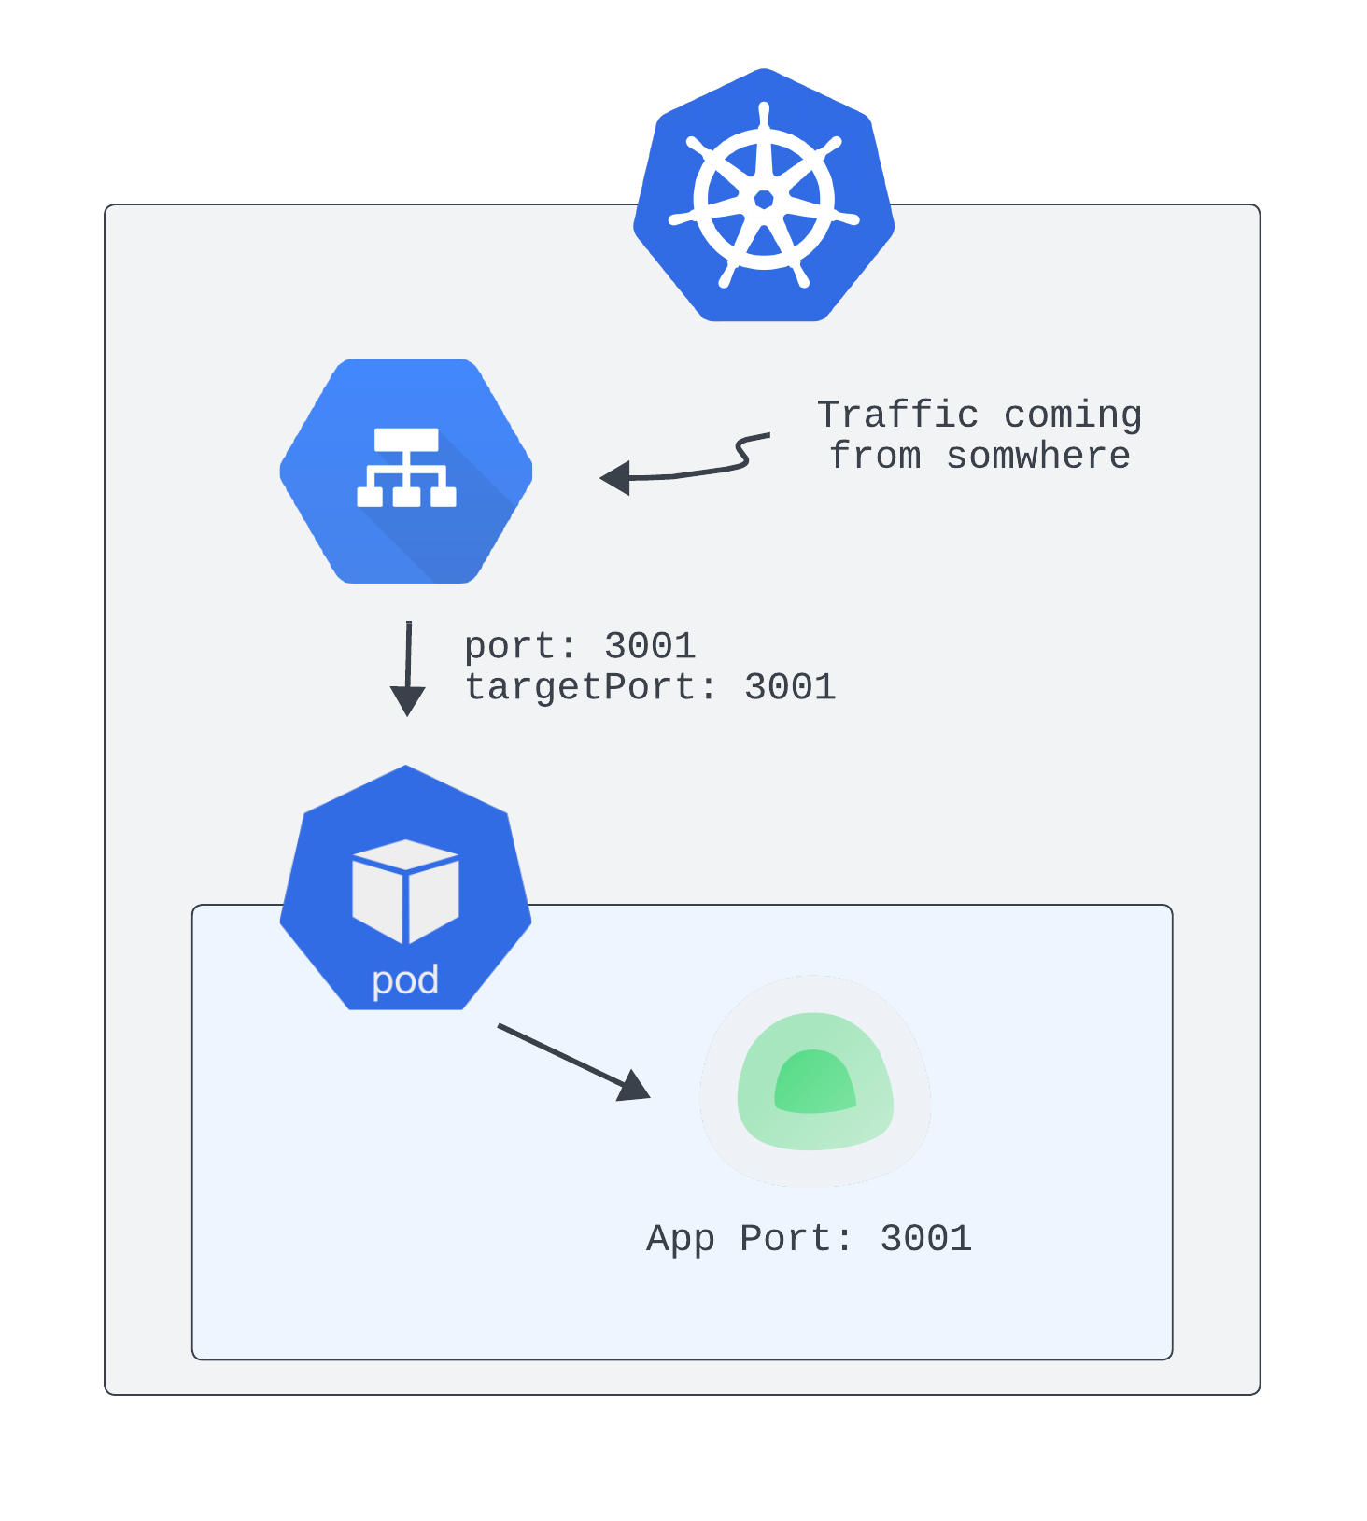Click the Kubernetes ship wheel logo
click(x=764, y=195)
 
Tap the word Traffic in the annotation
click(x=897, y=415)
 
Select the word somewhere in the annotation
click(x=1038, y=457)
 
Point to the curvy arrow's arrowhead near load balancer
click(x=616, y=478)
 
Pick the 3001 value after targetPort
click(x=790, y=687)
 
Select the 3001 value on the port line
click(x=650, y=646)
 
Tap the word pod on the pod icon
click(x=405, y=980)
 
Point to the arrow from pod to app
click(x=573, y=1062)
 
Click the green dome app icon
click(x=815, y=1080)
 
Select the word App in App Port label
click(x=681, y=1239)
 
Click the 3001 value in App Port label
click(x=926, y=1239)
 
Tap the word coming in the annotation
click(x=1073, y=415)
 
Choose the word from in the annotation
click(x=875, y=457)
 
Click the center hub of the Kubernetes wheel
click(x=764, y=199)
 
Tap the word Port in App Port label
click(x=785, y=1239)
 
